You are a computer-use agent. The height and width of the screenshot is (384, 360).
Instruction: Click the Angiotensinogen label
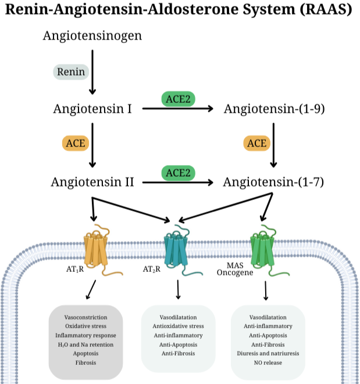(92, 36)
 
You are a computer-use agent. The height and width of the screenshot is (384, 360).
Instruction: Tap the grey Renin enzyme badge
(71, 72)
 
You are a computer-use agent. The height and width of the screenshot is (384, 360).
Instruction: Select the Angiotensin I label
(91, 109)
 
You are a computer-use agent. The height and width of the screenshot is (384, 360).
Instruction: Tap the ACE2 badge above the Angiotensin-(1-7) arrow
(178, 173)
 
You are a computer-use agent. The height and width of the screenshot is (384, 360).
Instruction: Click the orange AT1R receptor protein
(98, 250)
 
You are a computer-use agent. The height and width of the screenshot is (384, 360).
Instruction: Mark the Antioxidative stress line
(178, 326)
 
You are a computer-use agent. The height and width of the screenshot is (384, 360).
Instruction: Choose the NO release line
(268, 363)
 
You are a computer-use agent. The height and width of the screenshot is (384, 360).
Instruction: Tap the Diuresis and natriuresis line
(268, 353)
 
